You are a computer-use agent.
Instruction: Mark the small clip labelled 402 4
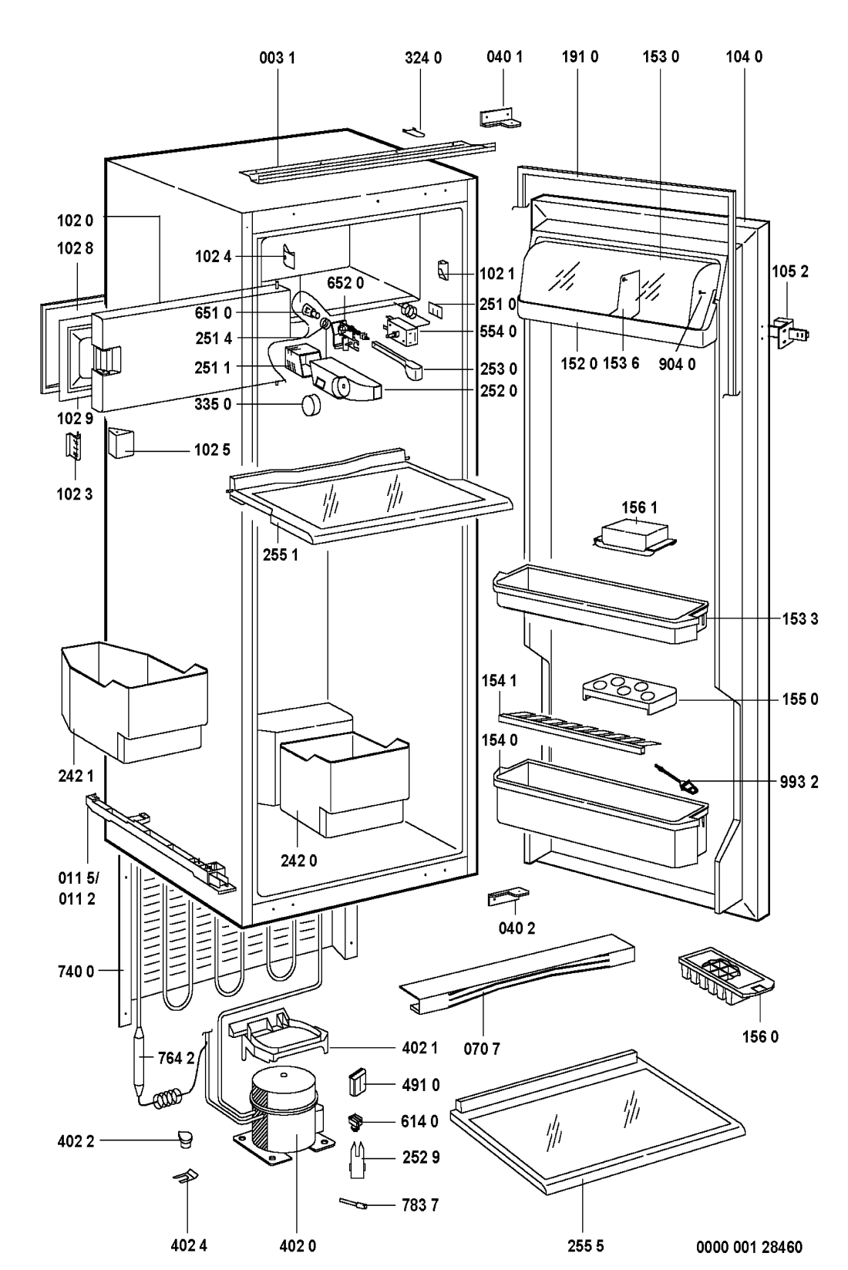(186, 1175)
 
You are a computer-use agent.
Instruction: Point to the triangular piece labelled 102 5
(122, 443)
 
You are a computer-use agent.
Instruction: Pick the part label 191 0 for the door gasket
(579, 57)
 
